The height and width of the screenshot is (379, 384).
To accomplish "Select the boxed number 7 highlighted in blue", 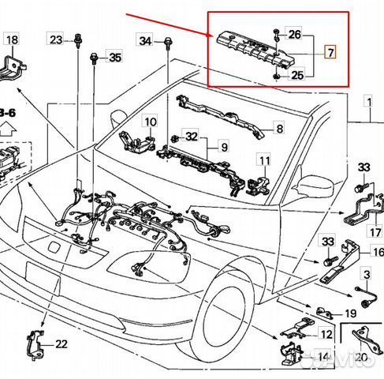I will pos(330,54).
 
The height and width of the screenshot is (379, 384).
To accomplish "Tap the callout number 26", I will pos(294,34).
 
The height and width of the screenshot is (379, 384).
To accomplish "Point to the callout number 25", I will pos(296,75).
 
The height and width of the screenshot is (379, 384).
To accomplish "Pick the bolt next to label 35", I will pos(95,58).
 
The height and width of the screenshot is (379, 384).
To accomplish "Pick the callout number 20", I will pos(361,356).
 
